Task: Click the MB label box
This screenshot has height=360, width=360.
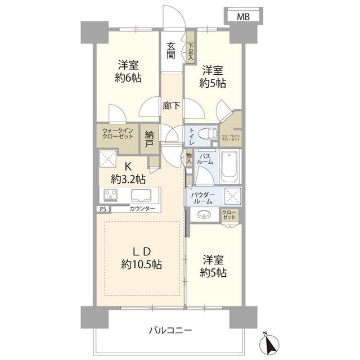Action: tap(244, 17)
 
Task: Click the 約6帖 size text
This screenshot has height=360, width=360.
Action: tap(128, 78)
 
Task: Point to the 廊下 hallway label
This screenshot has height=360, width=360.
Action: tap(171, 106)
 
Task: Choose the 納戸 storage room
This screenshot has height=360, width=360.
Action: tap(149, 139)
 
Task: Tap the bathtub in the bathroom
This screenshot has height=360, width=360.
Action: tap(229, 166)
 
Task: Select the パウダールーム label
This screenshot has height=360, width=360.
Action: tap(202, 198)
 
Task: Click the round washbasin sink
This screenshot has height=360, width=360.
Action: tap(204, 215)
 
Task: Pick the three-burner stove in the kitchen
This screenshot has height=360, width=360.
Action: tap(110, 195)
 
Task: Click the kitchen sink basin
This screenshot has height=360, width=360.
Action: tap(141, 195)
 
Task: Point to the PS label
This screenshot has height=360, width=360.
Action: tap(103, 209)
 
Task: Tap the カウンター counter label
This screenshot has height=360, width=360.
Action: tap(142, 209)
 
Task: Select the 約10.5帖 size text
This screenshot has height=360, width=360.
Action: tap(142, 264)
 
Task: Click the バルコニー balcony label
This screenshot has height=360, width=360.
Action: tap(170, 331)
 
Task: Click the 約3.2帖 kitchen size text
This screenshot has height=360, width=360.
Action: tap(128, 179)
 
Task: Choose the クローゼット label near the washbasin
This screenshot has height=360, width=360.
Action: tap(229, 215)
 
